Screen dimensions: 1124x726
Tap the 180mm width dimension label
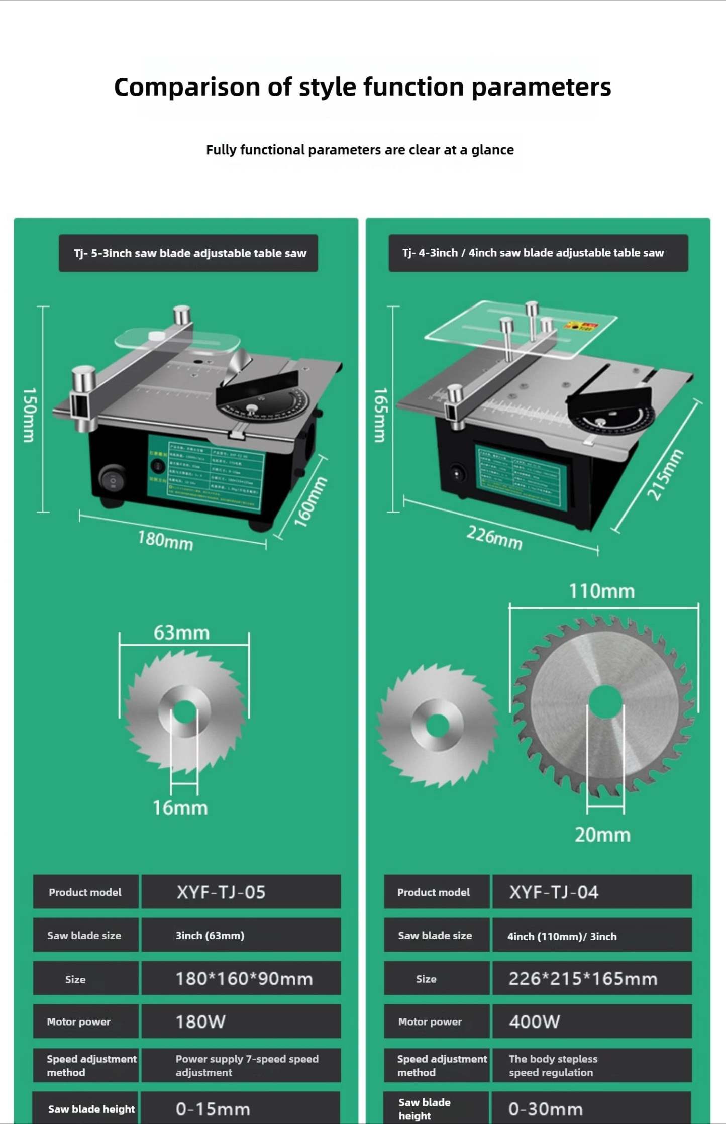165,541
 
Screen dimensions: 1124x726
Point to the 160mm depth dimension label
310,501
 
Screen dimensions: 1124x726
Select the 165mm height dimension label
381,415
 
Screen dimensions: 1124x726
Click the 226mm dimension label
494,537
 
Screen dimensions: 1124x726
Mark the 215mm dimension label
665,475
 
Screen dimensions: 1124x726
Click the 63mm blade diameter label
181,633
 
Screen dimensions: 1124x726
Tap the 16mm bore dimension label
180,808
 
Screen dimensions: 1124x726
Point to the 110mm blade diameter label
601,591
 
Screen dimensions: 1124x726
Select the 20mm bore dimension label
602,835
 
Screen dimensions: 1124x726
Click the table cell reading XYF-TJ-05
241,892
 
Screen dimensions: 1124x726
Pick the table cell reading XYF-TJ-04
591,892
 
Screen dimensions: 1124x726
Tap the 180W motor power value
241,1021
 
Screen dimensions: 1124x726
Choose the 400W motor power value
591,1021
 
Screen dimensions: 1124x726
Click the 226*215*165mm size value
591,978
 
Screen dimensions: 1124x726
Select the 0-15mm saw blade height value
241,1108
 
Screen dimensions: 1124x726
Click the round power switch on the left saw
113,480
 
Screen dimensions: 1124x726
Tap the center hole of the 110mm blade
605,701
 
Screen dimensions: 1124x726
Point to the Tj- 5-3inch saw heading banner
188,253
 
